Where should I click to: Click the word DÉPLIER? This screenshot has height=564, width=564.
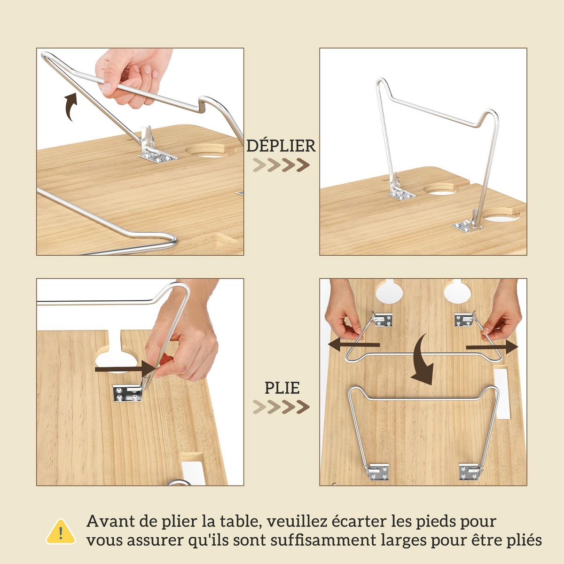click(x=281, y=146)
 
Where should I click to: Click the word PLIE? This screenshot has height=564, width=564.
click(x=282, y=388)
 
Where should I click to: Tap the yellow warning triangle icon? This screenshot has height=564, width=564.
click(x=61, y=532)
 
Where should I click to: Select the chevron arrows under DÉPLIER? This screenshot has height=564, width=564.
click(x=281, y=165)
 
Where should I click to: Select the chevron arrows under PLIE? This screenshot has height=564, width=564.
click(x=281, y=407)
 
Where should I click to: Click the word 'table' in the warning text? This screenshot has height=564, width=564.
click(x=232, y=521)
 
